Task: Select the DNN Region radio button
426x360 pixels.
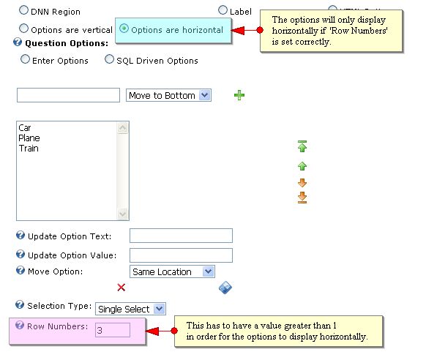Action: click(x=23, y=10)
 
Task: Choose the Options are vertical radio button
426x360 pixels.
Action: click(x=23, y=29)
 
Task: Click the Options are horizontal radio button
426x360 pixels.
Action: click(x=124, y=29)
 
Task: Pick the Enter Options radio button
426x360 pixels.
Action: click(x=25, y=59)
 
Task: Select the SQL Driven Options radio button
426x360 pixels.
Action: click(x=109, y=59)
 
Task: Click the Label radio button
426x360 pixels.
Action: click(x=223, y=10)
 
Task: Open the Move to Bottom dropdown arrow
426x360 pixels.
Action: click(x=205, y=95)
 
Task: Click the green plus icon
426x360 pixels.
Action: click(x=239, y=95)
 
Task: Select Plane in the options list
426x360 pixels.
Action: click(x=29, y=138)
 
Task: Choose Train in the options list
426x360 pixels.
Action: click(x=29, y=149)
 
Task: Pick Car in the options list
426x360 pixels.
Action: click(x=24, y=128)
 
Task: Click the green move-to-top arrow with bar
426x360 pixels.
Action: click(x=302, y=146)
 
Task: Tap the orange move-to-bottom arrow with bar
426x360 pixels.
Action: click(x=302, y=198)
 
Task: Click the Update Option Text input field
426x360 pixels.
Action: click(x=181, y=236)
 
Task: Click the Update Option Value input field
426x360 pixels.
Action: click(x=181, y=255)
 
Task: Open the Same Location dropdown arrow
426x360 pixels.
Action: click(x=209, y=271)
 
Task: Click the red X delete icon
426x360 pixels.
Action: click(x=122, y=288)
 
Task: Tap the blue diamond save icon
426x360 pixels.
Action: click(x=225, y=288)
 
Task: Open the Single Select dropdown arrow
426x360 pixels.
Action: click(x=160, y=309)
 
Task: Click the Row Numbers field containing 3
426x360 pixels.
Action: click(x=113, y=330)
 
